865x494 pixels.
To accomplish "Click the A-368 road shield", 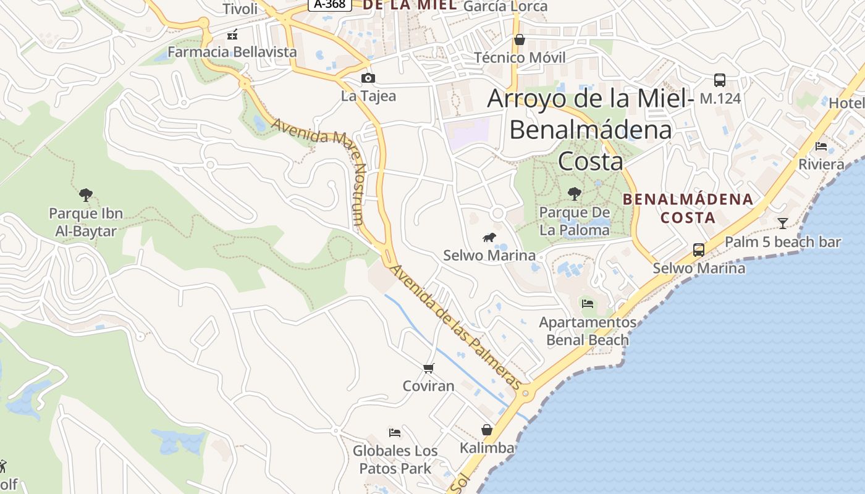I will pyautogui.click(x=330, y=4).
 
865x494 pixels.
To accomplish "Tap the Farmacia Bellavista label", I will pyautogui.click(x=232, y=52).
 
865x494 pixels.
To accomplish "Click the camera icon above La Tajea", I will pyautogui.click(x=368, y=78).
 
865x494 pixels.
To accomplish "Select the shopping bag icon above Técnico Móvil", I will pyautogui.click(x=520, y=40).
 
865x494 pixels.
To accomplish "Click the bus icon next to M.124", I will pyautogui.click(x=719, y=80).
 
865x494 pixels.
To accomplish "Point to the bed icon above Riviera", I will pyautogui.click(x=821, y=146).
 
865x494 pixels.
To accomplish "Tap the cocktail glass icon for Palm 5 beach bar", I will pyautogui.click(x=783, y=223).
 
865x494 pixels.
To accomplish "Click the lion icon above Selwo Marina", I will pyautogui.click(x=489, y=238).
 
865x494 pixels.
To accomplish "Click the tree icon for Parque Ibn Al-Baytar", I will pyautogui.click(x=86, y=195).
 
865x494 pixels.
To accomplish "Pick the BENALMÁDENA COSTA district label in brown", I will pyautogui.click(x=688, y=208).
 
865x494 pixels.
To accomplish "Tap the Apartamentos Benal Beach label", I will pyautogui.click(x=587, y=331).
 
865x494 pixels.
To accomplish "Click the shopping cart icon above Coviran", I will pyautogui.click(x=428, y=369).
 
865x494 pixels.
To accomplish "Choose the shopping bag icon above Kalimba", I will pyautogui.click(x=487, y=430).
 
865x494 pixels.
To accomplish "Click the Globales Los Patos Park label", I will pyautogui.click(x=395, y=459).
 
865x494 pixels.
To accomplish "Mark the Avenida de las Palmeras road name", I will pyautogui.click(x=457, y=327).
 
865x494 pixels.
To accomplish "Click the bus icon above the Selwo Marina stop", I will pyautogui.click(x=698, y=250).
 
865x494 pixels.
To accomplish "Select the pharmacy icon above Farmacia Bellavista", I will pyautogui.click(x=232, y=35).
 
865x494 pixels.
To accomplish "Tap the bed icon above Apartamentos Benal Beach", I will pyautogui.click(x=587, y=304).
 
